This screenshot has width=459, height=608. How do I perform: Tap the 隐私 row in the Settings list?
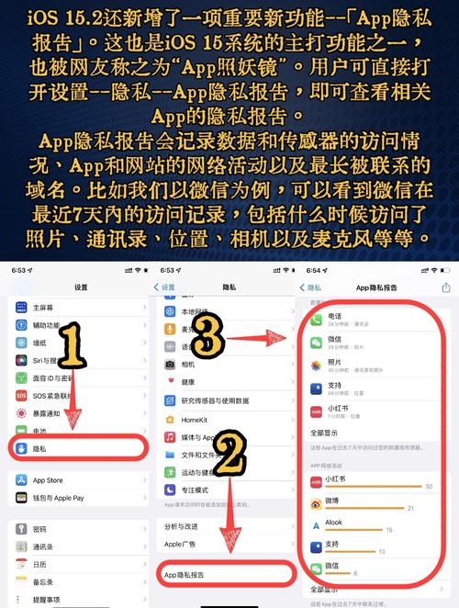pyautogui.click(x=73, y=447)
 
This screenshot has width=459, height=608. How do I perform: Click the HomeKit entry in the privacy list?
pyautogui.click(x=194, y=418)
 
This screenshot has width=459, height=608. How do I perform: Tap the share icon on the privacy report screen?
pyautogui.click(x=446, y=287)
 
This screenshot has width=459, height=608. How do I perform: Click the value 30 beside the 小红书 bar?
pyautogui.click(x=429, y=486)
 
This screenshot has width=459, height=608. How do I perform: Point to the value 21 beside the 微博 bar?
pyautogui.click(x=410, y=507)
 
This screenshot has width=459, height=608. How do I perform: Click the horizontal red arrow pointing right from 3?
pyautogui.click(x=261, y=341)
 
